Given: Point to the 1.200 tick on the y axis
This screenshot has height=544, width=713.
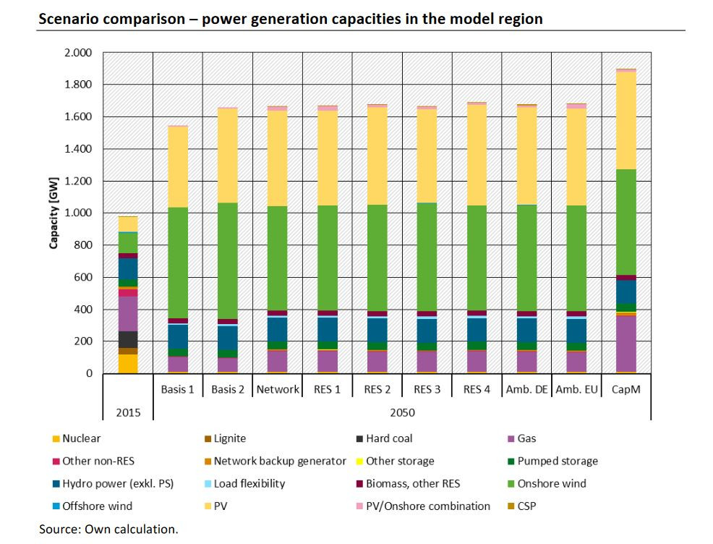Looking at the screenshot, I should tap(77, 181).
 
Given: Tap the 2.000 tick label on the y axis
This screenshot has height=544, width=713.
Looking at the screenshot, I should tap(77, 53).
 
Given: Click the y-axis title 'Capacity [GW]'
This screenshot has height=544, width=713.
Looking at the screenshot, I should tap(54, 213).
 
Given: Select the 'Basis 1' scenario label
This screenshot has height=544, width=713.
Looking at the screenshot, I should tap(177, 389).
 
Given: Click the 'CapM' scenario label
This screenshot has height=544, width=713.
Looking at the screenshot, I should tap(626, 389).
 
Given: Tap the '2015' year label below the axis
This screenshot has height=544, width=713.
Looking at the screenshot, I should tap(127, 413).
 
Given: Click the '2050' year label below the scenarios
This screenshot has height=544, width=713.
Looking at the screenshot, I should tap(401, 413).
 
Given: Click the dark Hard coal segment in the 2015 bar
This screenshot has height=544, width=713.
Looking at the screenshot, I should tap(128, 339).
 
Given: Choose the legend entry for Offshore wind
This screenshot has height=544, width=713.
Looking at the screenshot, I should tap(97, 506).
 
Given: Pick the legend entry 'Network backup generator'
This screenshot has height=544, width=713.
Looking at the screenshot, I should tap(279, 461).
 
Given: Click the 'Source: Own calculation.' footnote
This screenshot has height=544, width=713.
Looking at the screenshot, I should tap(108, 530).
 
